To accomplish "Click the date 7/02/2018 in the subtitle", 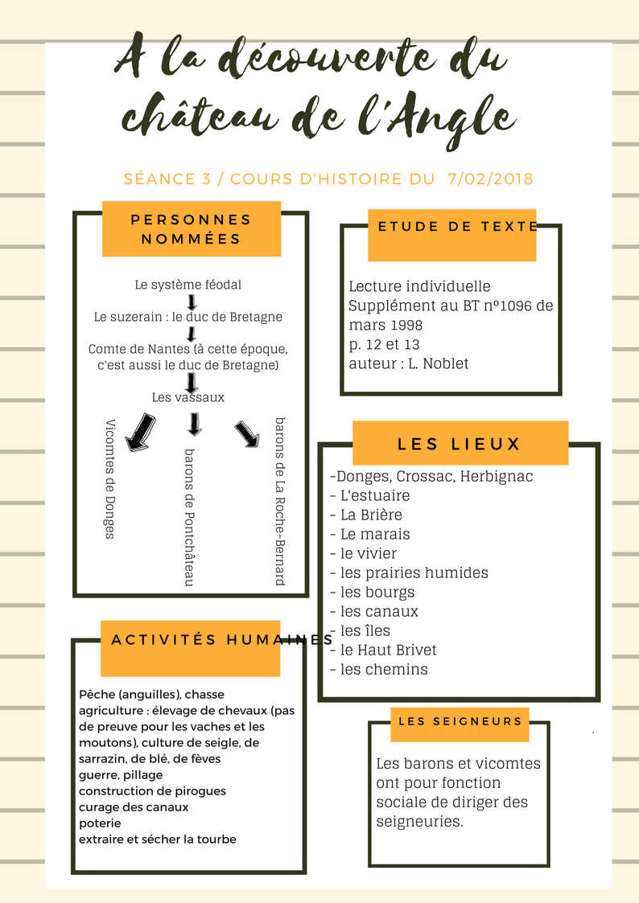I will [489, 179].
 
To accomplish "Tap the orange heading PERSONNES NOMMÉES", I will [192, 229].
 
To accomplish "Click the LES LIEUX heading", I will [460, 444].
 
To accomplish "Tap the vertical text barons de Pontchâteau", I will [189, 516].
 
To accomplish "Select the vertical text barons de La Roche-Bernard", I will [279, 500].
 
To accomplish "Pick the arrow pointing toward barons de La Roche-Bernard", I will [247, 433].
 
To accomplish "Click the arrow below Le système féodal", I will [192, 302].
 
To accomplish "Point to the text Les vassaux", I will [188, 397].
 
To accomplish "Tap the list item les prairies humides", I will [414, 573].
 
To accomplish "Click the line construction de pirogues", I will [152, 791].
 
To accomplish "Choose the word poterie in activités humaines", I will [100, 823].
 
